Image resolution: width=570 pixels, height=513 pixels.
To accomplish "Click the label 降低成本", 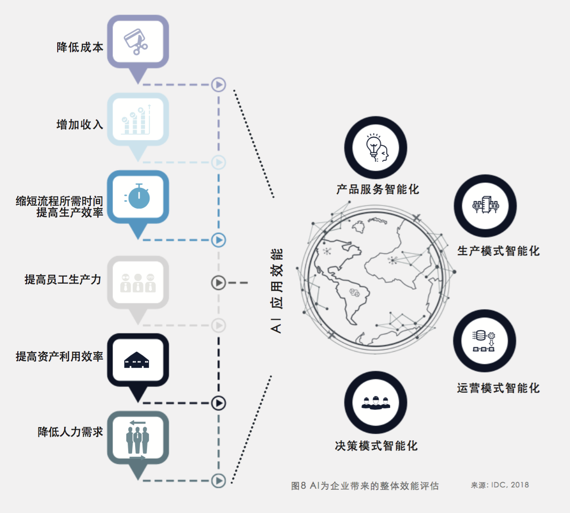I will pyautogui.click(x=80, y=47).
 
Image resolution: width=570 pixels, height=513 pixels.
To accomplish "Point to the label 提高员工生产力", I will pyautogui.click(x=63, y=280).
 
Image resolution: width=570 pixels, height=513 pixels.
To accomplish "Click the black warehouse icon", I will pyautogui.click(x=138, y=360).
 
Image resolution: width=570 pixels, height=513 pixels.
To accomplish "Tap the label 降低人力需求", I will pyautogui.click(x=71, y=432).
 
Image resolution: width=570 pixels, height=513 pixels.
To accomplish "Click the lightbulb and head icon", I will pyautogui.click(x=376, y=148).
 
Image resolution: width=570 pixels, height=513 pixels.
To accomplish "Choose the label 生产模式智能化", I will pyautogui.click(x=498, y=251).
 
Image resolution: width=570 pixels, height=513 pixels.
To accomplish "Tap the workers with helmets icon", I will pyautogui.click(x=376, y=403).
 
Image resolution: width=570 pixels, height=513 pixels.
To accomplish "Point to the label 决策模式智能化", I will pyautogui.click(x=376, y=446).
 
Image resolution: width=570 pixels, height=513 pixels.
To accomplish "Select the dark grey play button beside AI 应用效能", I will pyautogui.click(x=218, y=283).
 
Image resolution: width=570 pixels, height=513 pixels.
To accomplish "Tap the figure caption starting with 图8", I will pyautogui.click(x=364, y=486).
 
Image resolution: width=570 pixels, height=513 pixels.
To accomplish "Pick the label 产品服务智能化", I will pyautogui.click(x=377, y=189).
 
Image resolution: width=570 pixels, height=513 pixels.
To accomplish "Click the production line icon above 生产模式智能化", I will pyautogui.click(x=485, y=205).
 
